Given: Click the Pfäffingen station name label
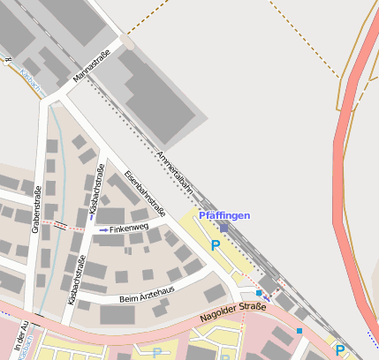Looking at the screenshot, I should pos(224,215).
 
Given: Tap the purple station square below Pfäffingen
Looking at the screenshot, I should pos(224,228).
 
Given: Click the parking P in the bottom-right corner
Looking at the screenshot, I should pos(339,350).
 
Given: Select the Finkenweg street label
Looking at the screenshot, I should pos(129,229).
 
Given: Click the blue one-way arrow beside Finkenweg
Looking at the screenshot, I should pos(103,229).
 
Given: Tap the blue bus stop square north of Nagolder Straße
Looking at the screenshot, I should pos(259,292).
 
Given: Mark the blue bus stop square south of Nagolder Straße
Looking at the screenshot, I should pos(299,331).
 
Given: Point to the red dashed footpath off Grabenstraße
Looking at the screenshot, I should pos(60,225).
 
